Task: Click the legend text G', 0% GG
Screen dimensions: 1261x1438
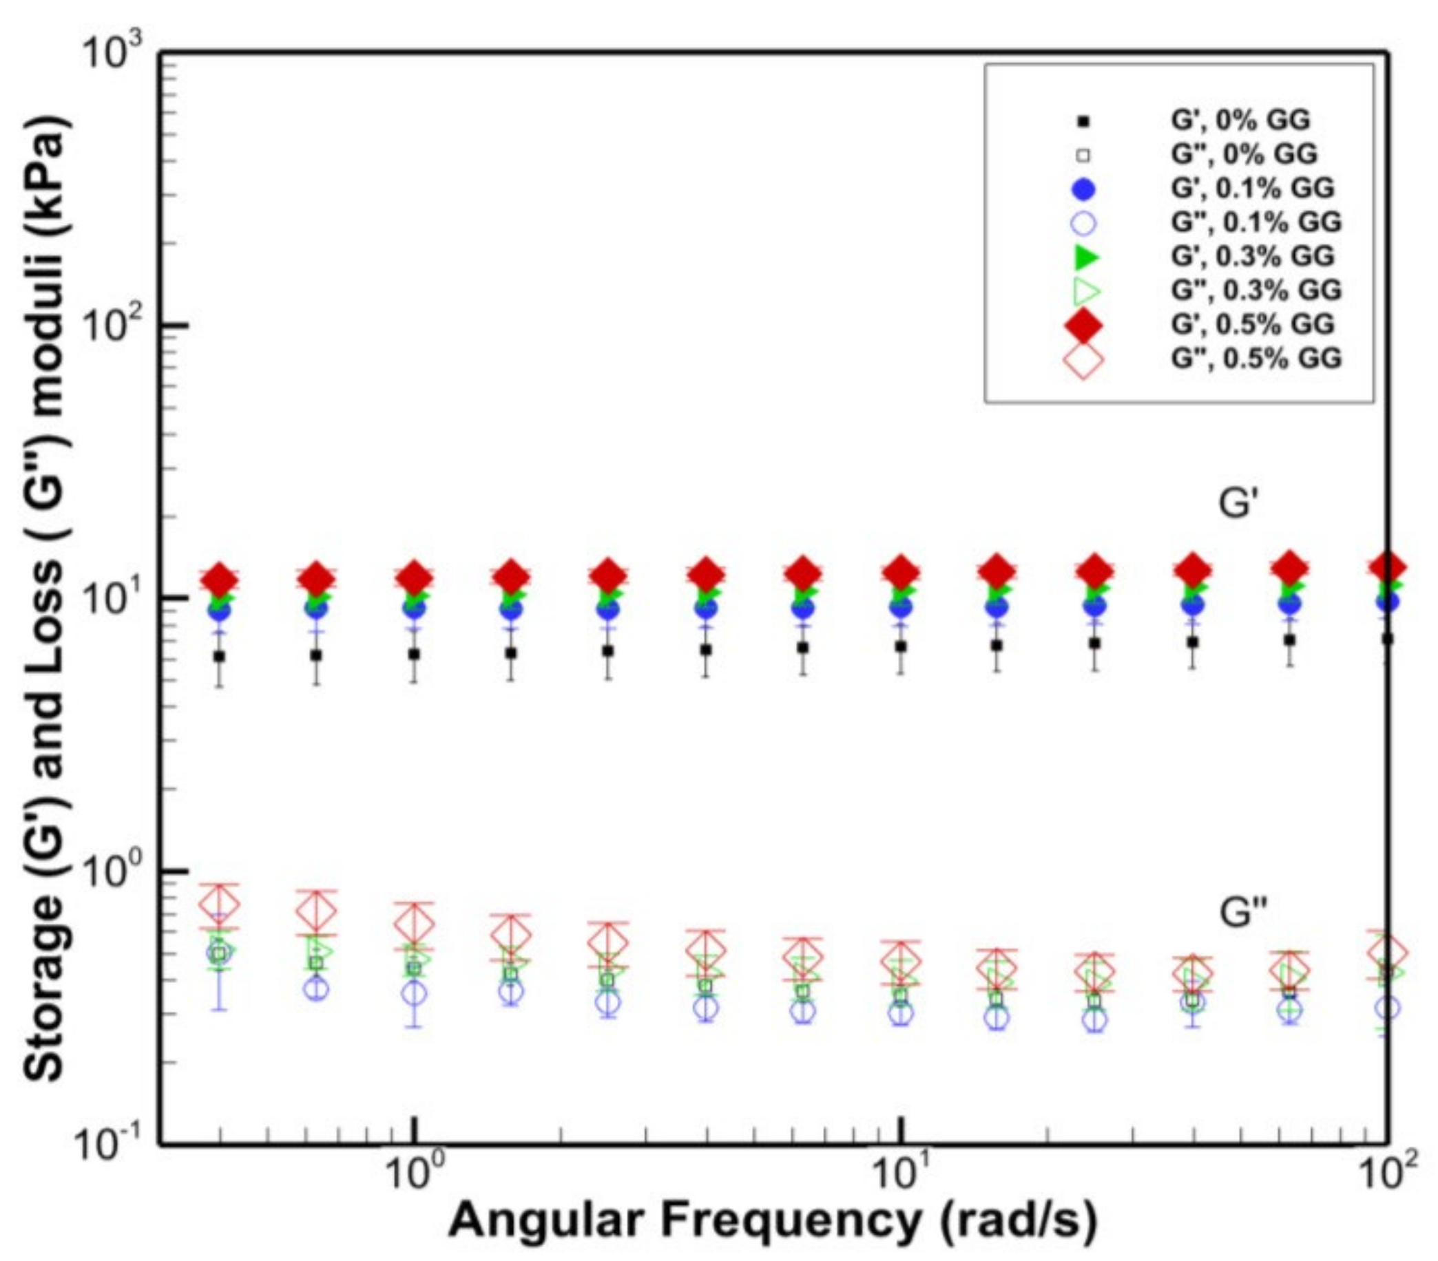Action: (x=1240, y=120)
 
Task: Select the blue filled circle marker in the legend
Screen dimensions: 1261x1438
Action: (x=1084, y=189)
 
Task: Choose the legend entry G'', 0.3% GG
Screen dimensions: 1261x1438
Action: (x=1255, y=290)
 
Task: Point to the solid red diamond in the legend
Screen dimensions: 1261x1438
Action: (x=1084, y=325)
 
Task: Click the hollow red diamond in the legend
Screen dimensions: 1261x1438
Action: (x=1084, y=359)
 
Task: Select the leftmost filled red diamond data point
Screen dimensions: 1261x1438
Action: (x=220, y=580)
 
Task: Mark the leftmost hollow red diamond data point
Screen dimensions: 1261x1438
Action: (x=220, y=905)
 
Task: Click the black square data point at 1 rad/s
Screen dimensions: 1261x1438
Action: (x=415, y=654)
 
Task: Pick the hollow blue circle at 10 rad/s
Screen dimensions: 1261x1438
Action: (x=901, y=1014)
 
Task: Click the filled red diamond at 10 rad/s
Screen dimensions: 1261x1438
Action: (x=901, y=573)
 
